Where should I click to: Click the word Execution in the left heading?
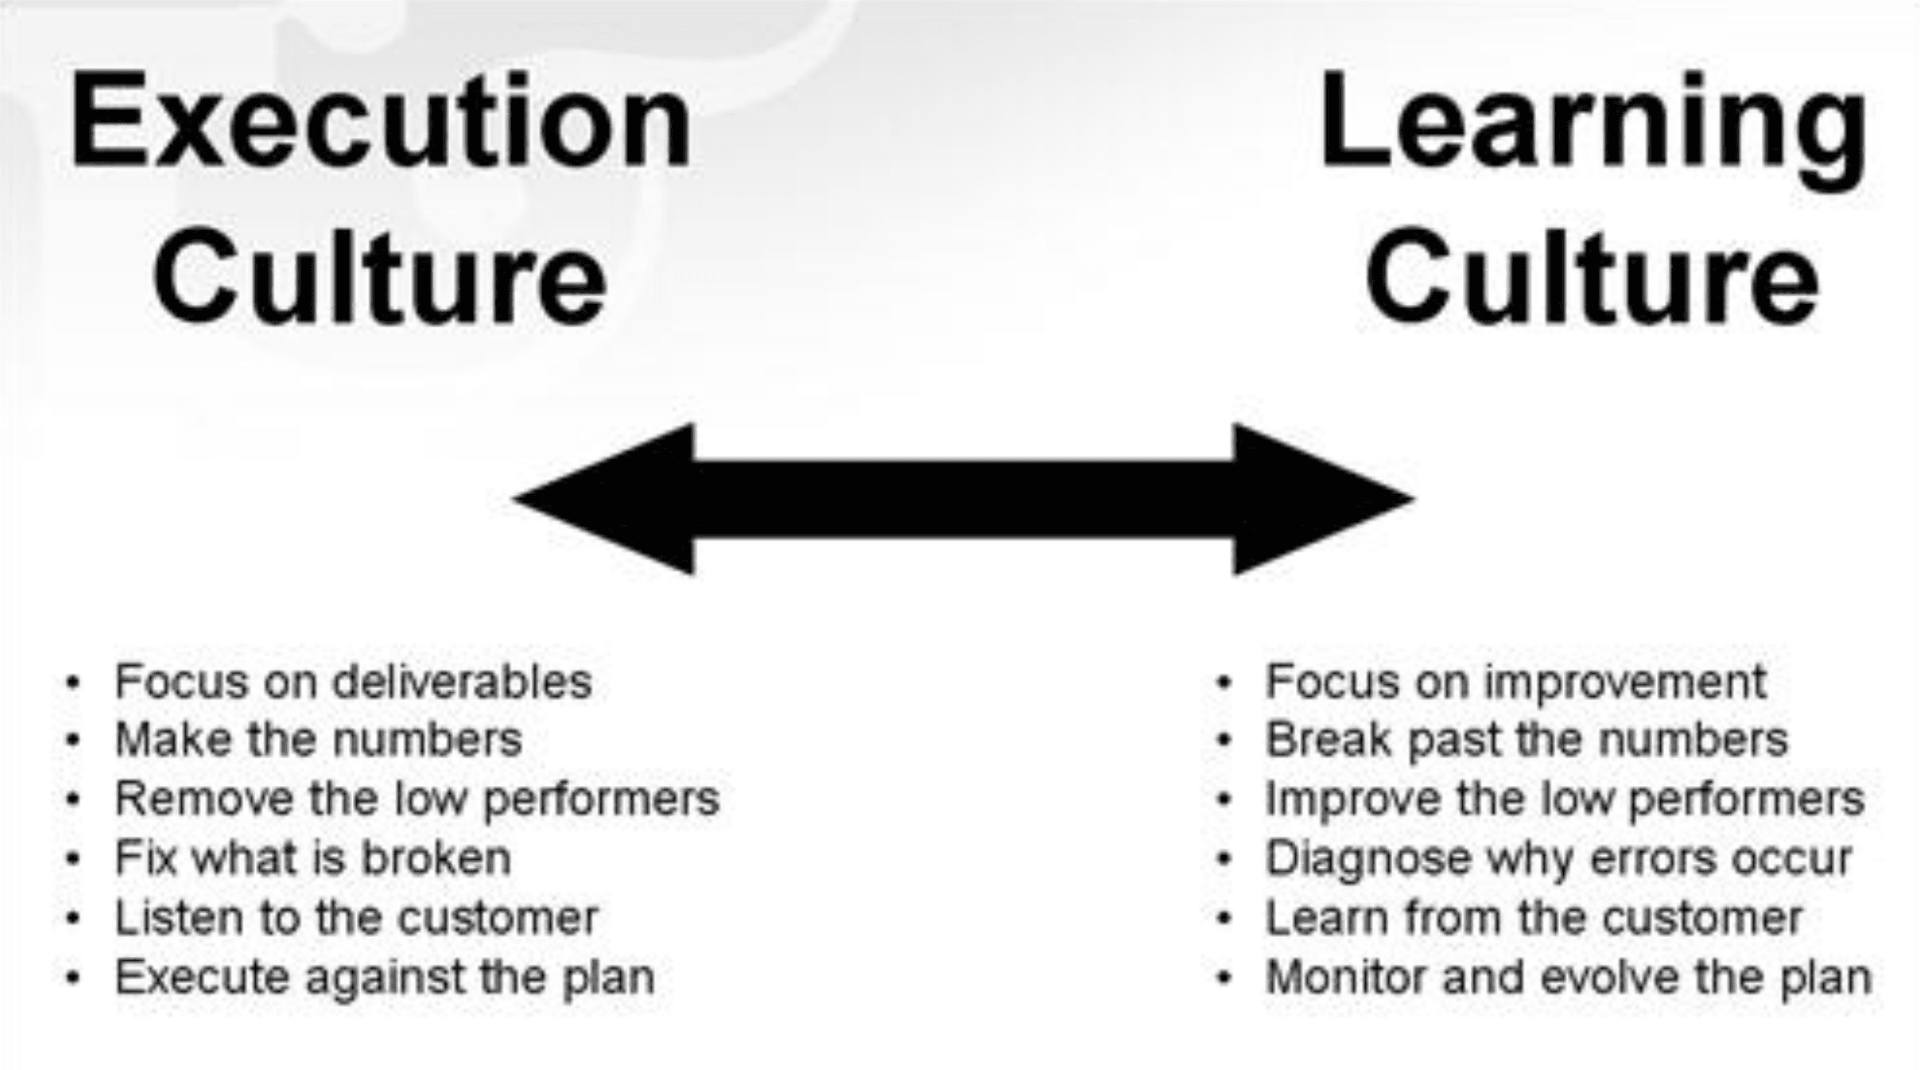click(380, 120)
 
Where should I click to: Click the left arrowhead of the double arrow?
click(603, 499)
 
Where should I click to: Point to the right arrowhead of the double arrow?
click(1323, 499)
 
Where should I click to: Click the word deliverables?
click(462, 682)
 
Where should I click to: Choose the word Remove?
click(205, 799)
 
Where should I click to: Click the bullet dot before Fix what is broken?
click(74, 860)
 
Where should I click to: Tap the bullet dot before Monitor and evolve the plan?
click(1224, 979)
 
